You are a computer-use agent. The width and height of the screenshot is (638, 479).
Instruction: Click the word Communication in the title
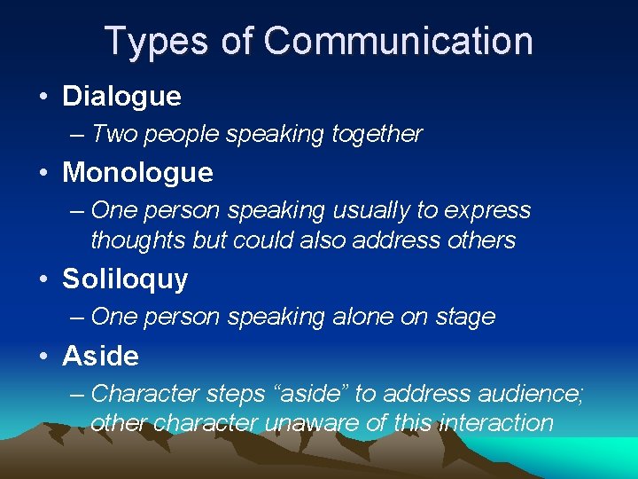(x=398, y=42)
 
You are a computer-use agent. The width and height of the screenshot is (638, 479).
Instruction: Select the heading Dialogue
(x=121, y=97)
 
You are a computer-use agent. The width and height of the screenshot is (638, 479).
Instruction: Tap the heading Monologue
(x=137, y=172)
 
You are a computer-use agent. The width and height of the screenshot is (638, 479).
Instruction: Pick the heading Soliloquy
(x=125, y=279)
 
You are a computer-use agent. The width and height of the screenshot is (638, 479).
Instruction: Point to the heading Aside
(x=100, y=356)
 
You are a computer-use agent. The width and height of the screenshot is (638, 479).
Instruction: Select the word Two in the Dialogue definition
(x=113, y=134)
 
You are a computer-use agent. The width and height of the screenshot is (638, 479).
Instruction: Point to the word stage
(x=465, y=317)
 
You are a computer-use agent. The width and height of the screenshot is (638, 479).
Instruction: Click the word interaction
(x=495, y=423)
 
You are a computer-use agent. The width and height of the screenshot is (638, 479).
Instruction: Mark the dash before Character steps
(x=76, y=393)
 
